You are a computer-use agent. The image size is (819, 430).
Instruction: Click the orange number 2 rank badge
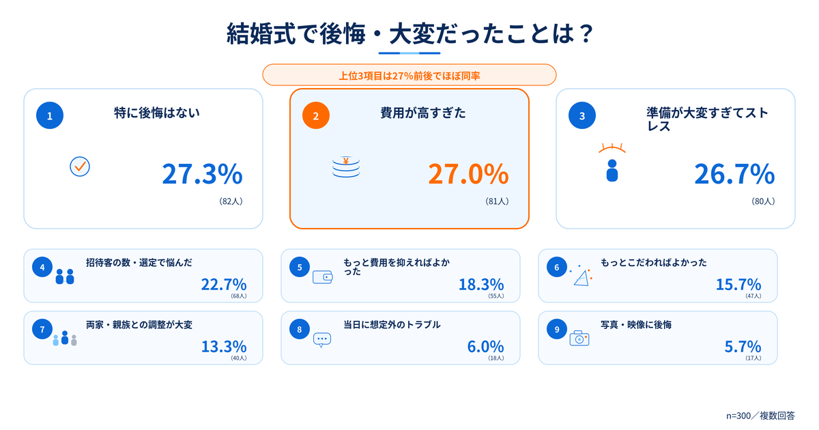(316, 115)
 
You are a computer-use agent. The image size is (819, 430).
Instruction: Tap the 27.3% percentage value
(202, 174)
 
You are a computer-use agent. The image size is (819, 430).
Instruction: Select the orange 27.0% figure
(468, 174)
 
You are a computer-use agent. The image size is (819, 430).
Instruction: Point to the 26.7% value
(734, 174)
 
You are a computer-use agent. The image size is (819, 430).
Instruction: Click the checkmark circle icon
(80, 167)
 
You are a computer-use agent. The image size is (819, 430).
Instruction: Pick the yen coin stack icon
(346, 167)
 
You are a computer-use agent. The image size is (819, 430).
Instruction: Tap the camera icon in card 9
(579, 339)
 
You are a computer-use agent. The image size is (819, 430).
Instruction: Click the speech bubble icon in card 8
(321, 340)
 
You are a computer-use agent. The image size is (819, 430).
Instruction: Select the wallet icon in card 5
(322, 277)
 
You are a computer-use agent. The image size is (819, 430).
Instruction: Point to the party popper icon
(581, 276)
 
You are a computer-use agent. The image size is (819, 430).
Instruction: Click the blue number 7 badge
(42, 329)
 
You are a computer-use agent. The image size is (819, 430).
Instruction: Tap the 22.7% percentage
(224, 285)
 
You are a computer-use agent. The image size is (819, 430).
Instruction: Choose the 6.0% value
(485, 347)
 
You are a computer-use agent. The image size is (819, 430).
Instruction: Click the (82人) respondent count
(231, 201)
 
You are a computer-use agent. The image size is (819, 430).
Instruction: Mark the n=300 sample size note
(760, 416)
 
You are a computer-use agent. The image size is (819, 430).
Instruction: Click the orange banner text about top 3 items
(409, 76)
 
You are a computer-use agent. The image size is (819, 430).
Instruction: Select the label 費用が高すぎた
(423, 113)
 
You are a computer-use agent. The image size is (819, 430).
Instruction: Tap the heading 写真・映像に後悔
(636, 325)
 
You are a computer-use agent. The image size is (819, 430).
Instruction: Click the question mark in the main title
(586, 33)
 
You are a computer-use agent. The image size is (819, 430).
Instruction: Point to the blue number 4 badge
(42, 267)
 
